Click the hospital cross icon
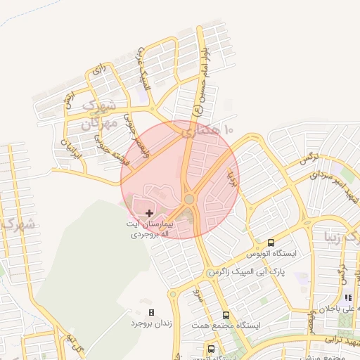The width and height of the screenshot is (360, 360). (x=149, y=212)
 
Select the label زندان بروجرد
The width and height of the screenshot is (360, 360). (x=151, y=323)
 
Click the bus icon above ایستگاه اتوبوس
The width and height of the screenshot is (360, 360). (x=272, y=241)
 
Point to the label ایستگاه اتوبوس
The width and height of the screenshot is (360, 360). (x=272, y=252)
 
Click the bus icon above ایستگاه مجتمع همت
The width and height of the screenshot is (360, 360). (x=226, y=315)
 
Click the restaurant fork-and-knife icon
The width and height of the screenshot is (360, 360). (x=347, y=298)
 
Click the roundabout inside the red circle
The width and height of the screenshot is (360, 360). (x=189, y=199)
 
